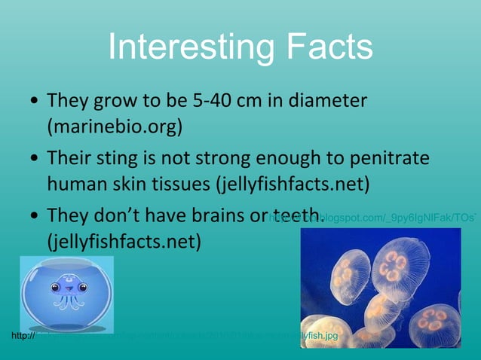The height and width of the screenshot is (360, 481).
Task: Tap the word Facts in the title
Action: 326,47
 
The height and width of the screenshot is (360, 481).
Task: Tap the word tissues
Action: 179,184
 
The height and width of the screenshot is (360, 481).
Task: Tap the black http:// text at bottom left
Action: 23,335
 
